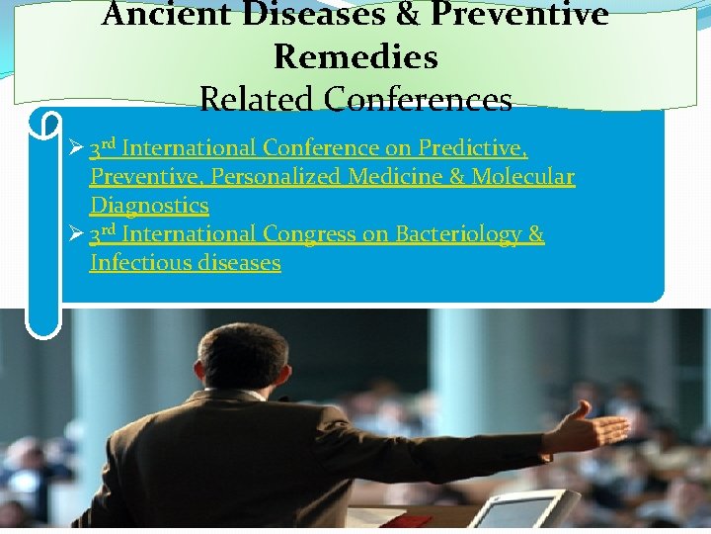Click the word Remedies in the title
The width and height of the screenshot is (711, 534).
(355, 57)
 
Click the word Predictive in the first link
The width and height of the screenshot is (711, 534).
(472, 148)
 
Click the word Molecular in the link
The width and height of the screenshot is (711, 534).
(522, 177)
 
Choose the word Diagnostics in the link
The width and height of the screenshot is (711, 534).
(149, 206)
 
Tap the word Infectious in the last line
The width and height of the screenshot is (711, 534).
(138, 263)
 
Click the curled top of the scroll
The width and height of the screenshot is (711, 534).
(44, 125)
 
